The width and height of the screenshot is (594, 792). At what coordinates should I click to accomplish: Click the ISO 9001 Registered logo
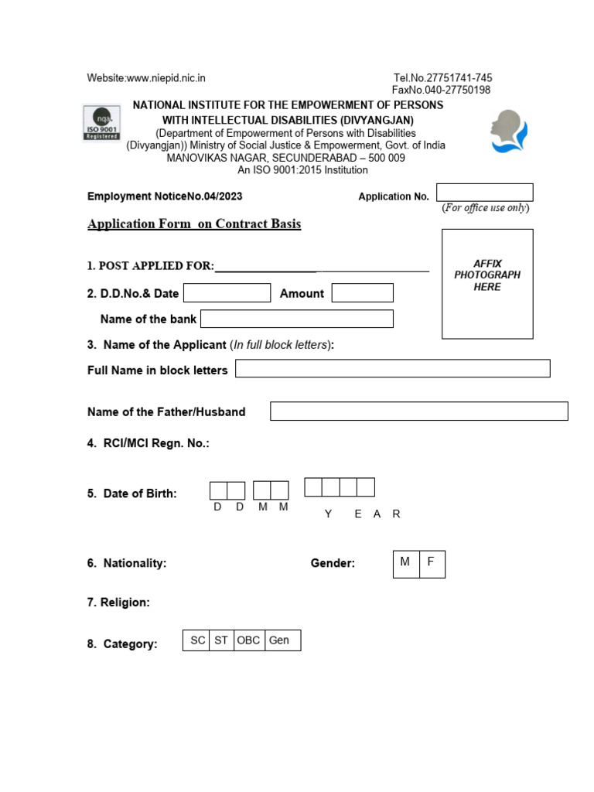(x=101, y=124)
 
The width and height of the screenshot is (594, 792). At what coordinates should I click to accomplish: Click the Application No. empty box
(x=484, y=192)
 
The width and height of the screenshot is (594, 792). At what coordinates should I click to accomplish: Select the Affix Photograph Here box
(x=487, y=284)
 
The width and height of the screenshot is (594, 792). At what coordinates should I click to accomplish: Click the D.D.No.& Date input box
(x=227, y=292)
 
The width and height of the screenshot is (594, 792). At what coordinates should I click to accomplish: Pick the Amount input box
(x=362, y=292)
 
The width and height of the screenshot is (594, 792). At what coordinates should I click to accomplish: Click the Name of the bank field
(x=297, y=319)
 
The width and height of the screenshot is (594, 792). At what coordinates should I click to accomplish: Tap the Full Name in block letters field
(x=392, y=369)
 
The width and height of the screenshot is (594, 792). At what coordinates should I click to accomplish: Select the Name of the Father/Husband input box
(x=418, y=411)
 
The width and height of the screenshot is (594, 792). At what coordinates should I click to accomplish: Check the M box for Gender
(x=406, y=564)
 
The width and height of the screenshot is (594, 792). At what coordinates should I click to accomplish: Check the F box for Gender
(x=432, y=564)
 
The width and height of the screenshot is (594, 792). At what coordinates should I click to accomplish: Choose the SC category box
(x=196, y=640)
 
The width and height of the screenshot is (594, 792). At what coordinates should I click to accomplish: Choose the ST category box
(x=221, y=640)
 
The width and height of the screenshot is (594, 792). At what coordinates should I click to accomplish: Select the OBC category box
(x=248, y=640)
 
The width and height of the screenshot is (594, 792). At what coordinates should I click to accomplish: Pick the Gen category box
(x=281, y=640)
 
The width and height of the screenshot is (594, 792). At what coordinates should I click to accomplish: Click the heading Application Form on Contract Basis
(x=194, y=224)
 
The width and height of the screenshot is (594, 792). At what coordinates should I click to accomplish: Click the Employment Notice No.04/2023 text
(x=165, y=196)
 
